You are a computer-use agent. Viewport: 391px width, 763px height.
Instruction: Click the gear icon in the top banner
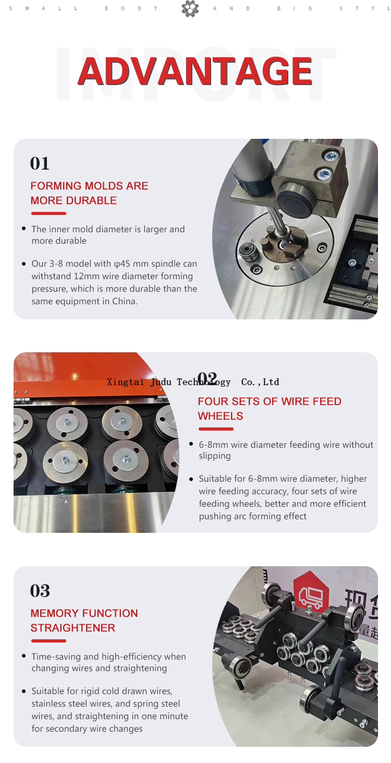point(190,9)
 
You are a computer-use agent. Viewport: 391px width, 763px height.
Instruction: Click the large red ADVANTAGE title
point(195,71)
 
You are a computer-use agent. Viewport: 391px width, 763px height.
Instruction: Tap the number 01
point(40,163)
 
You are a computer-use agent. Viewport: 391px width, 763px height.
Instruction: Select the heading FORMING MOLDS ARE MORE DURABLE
point(89,193)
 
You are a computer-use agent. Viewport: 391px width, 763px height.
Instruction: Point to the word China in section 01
point(124,301)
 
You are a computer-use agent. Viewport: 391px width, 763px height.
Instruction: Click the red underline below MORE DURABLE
point(48,213)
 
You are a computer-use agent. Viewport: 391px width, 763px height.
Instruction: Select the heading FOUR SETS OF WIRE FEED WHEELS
point(269,409)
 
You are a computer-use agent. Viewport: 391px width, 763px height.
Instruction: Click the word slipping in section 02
point(214,456)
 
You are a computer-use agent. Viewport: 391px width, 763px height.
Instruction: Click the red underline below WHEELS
point(216,429)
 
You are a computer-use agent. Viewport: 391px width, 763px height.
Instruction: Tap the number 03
point(40,591)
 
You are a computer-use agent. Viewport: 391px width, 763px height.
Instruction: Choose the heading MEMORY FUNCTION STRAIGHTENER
point(84,621)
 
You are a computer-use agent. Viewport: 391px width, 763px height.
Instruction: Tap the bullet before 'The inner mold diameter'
point(24,229)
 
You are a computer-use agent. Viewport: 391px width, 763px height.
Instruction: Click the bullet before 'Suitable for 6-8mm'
point(191,479)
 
